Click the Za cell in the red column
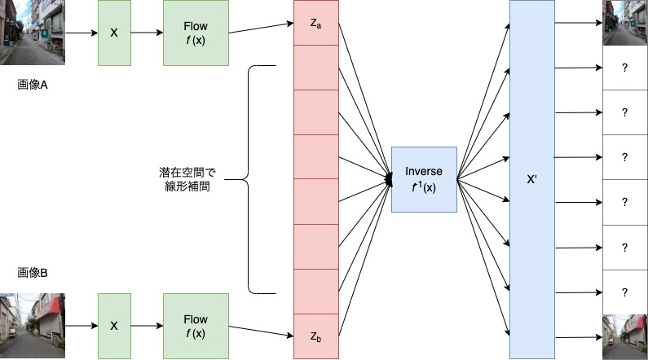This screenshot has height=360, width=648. pyautogui.click(x=315, y=23)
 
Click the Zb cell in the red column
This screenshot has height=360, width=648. pyautogui.click(x=315, y=336)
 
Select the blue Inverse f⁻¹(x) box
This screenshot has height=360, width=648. pyautogui.click(x=424, y=179)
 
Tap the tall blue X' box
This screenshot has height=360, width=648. pyautogui.click(x=531, y=179)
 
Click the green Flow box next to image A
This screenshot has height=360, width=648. pyautogui.click(x=196, y=33)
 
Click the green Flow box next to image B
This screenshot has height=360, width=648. pyautogui.click(x=196, y=326)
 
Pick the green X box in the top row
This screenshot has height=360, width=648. pyautogui.click(x=114, y=33)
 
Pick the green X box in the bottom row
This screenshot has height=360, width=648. pyautogui.click(x=114, y=326)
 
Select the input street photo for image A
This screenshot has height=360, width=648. pyautogui.click(x=32, y=33)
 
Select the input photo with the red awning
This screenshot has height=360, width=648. pyautogui.click(x=32, y=326)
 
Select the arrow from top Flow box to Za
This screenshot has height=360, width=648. pyautogui.click(x=261, y=29)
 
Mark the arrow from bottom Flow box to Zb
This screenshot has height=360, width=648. pyautogui.click(x=261, y=330)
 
